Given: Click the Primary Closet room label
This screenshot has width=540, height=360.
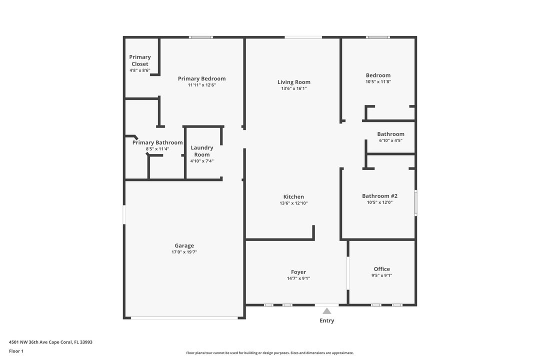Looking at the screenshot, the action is [140, 60].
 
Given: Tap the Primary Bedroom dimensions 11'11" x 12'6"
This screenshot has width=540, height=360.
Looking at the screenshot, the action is [202, 85].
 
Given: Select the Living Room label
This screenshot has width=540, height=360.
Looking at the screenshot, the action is [294, 82].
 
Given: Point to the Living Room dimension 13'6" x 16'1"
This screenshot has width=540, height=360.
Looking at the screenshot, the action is [294, 88].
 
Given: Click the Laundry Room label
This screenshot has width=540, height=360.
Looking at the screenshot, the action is [202, 151].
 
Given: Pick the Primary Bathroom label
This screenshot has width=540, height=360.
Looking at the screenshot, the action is [157, 142].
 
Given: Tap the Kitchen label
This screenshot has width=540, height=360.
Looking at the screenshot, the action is [293, 196].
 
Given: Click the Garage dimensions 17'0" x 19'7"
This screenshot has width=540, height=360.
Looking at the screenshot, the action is [184, 252].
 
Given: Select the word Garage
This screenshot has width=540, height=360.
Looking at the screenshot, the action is [184, 245].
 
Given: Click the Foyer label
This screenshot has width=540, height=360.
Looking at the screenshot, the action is [298, 272].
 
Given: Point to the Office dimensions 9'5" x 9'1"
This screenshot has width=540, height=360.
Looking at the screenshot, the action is [381, 275].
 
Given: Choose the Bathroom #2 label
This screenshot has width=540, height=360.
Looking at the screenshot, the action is [379, 196].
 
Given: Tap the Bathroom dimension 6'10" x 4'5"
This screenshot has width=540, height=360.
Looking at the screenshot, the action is [390, 140].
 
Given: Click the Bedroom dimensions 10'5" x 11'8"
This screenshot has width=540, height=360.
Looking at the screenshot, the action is [378, 82].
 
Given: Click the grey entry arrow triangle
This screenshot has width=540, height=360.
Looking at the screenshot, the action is [327, 311].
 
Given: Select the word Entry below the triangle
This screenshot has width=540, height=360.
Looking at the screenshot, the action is [327, 320].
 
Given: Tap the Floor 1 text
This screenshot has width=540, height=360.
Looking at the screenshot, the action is [16, 351].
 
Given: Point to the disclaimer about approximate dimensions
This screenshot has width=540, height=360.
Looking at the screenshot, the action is [269, 353].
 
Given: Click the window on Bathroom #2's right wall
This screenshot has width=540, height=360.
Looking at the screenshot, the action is [415, 203].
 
